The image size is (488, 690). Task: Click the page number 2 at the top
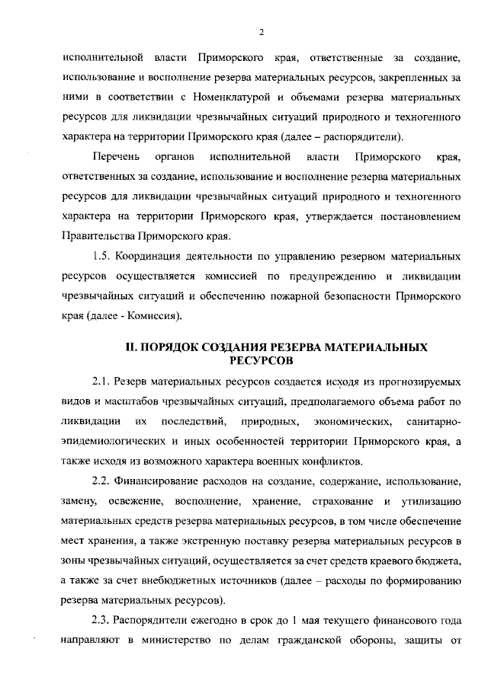261,31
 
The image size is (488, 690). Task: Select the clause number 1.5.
101,255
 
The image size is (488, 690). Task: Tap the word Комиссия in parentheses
159,315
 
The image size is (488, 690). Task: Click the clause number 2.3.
101,620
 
